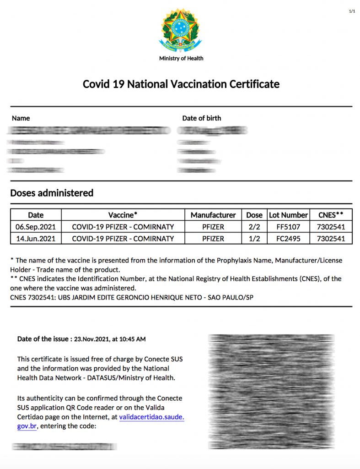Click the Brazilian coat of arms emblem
[180, 30]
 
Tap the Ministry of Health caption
[181, 59]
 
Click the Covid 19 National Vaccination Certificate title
[181, 84]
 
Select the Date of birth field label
[201, 118]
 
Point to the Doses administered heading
[52, 193]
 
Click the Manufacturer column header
[213, 215]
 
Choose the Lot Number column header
[288, 215]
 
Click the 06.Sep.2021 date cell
[36, 227]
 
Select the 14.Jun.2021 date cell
[36, 239]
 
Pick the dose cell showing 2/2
[254, 227]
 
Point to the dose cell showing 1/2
[254, 239]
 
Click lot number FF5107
[288, 227]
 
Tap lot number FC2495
[288, 239]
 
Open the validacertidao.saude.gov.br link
[151, 417]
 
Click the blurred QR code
[271, 391]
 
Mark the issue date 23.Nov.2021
[92, 339]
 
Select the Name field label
[21, 118]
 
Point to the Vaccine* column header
[123, 215]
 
